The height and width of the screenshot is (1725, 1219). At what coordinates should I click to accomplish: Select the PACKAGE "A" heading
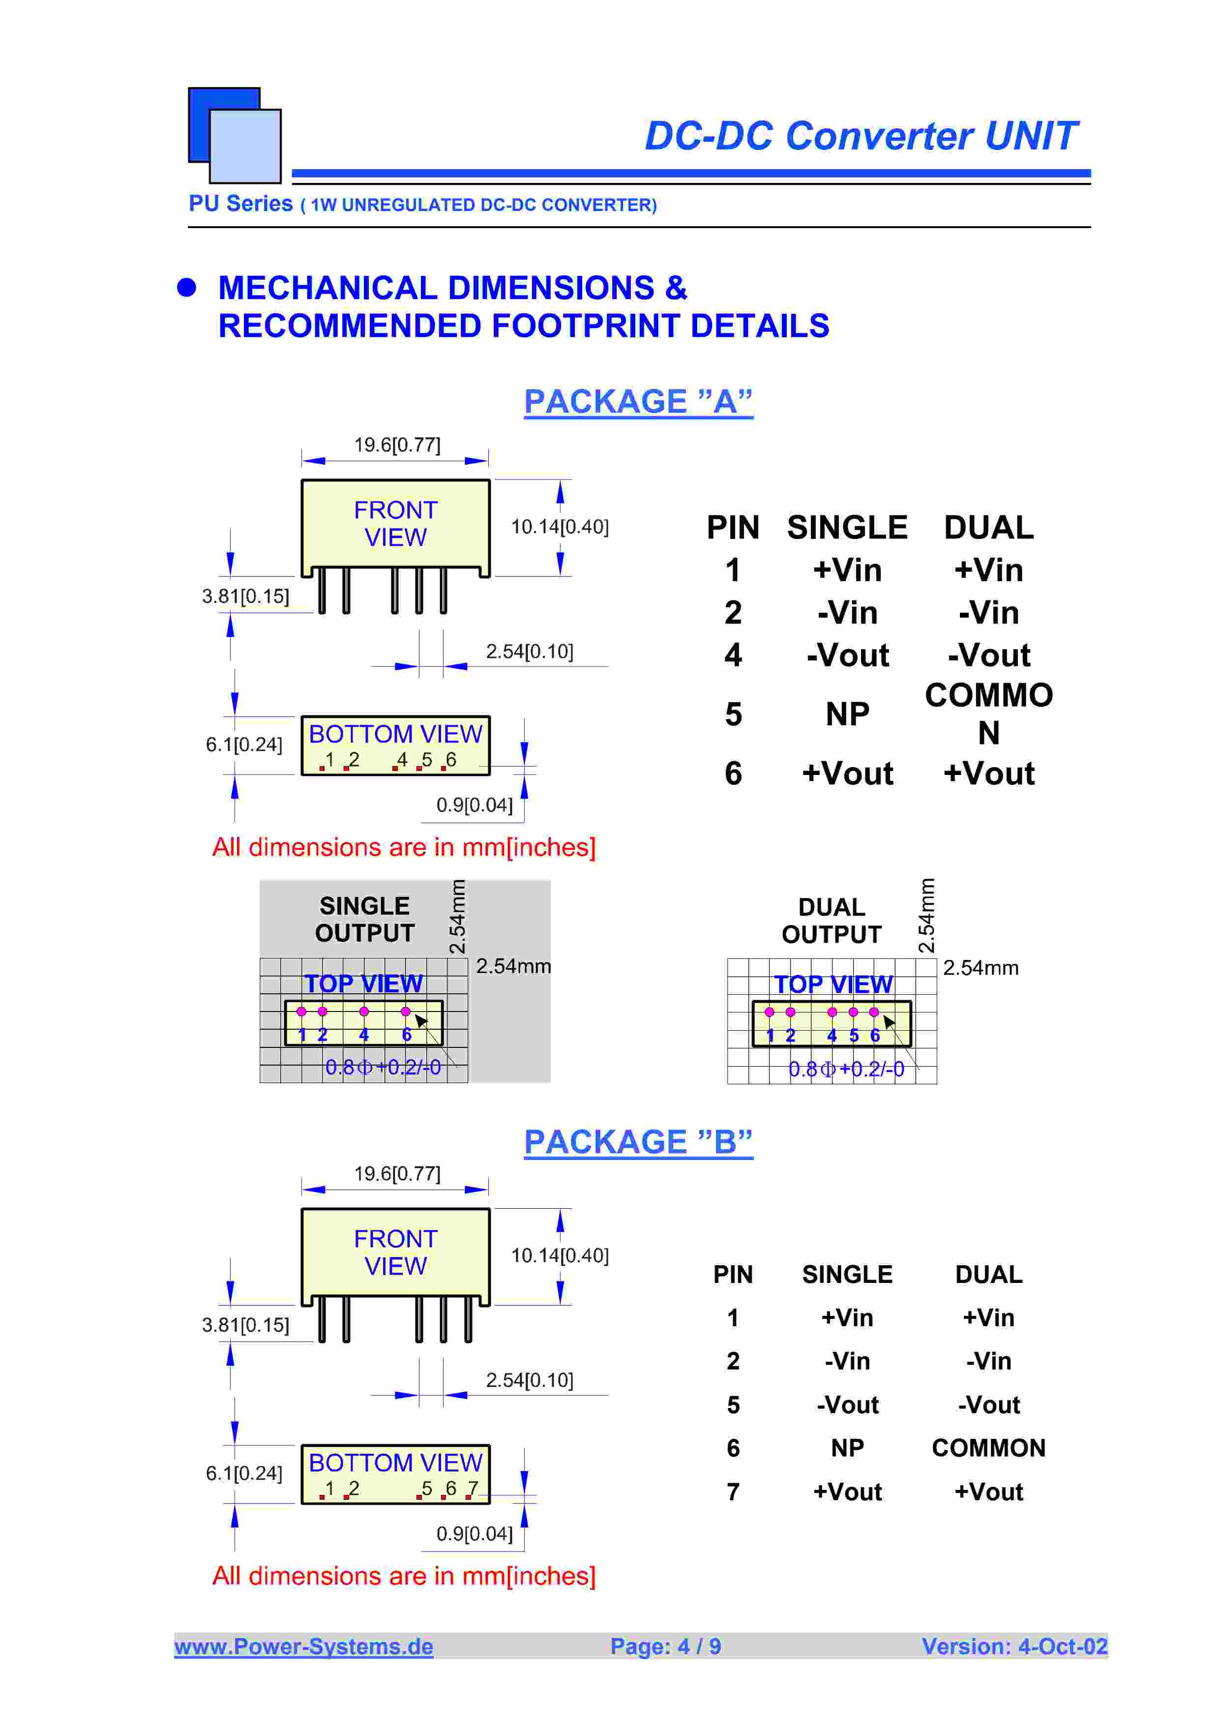pyautogui.click(x=638, y=402)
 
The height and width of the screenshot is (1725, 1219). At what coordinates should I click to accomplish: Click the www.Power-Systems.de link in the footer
pyautogui.click(x=303, y=1646)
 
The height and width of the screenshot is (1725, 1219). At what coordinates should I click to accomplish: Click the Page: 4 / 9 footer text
pyautogui.click(x=665, y=1646)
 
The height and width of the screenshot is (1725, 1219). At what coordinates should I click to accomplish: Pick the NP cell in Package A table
pyautogui.click(x=847, y=714)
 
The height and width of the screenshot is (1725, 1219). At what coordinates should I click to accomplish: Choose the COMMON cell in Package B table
pyautogui.click(x=988, y=1448)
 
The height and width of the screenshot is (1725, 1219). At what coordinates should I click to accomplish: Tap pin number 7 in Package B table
pyautogui.click(x=733, y=1491)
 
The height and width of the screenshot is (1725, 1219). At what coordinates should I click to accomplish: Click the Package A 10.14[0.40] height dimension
pyautogui.click(x=560, y=527)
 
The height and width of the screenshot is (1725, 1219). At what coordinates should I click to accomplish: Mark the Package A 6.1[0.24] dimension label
pyautogui.click(x=244, y=744)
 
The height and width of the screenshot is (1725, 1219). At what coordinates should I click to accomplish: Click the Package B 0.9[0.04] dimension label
pyautogui.click(x=475, y=1533)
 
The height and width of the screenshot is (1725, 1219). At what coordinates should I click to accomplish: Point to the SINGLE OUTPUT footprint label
pyautogui.click(x=364, y=920)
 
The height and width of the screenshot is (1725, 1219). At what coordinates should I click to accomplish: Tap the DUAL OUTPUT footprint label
pyautogui.click(x=832, y=921)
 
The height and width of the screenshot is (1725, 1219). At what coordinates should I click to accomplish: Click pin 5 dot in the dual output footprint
pyautogui.click(x=853, y=1012)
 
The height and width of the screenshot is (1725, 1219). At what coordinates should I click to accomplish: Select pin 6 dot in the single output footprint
pyautogui.click(x=406, y=1011)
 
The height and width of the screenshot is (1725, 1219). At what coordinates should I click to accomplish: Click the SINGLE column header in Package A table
pyautogui.click(x=847, y=528)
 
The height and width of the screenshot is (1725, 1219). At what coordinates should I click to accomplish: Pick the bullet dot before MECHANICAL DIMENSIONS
pyautogui.click(x=186, y=288)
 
